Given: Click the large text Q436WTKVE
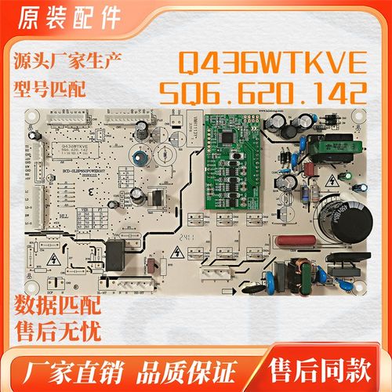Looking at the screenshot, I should [272, 60].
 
